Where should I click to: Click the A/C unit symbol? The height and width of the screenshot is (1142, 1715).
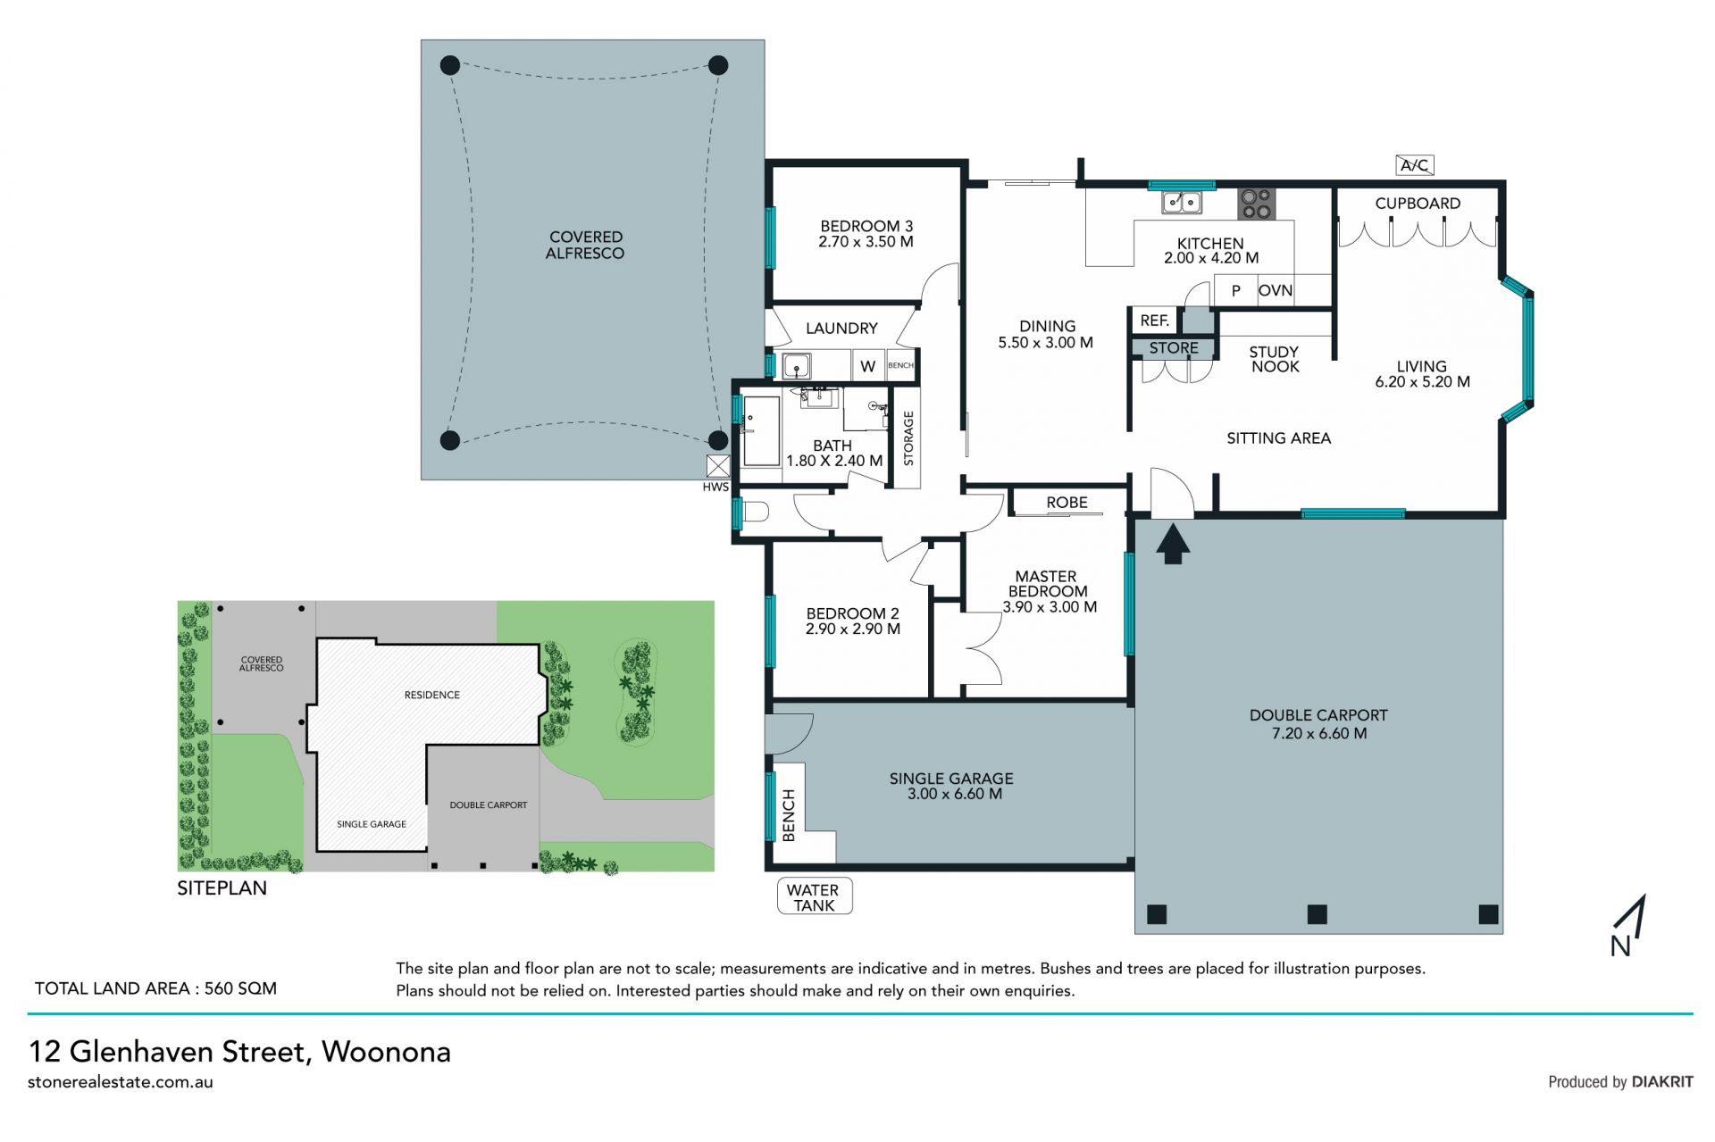click(1415, 165)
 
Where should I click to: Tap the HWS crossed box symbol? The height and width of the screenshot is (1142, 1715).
click(718, 466)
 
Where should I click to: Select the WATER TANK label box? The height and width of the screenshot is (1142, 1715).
click(814, 896)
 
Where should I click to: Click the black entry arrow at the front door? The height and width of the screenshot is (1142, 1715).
click(1173, 544)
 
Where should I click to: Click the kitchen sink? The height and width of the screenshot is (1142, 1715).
click(1181, 203)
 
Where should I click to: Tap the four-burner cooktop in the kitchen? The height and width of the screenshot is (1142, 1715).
click(1256, 204)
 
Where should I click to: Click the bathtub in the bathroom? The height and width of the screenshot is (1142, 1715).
click(761, 432)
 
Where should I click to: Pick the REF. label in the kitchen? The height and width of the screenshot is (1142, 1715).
click(1154, 321)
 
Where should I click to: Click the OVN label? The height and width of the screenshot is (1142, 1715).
click(1275, 290)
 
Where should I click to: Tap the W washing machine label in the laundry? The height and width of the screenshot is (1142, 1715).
click(867, 366)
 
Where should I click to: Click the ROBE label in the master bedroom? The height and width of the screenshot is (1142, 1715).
click(1067, 503)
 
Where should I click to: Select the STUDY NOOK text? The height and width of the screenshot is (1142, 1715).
click(1275, 359)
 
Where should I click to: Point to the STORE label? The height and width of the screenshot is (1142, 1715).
click(1174, 348)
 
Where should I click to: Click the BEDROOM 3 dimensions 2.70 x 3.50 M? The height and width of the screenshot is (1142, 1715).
click(866, 242)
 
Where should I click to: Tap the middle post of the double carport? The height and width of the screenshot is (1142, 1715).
click(1317, 913)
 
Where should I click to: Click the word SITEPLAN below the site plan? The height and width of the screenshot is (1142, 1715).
click(222, 888)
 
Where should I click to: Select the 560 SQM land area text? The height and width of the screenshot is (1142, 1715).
click(240, 988)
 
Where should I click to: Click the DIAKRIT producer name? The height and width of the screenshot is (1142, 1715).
click(1662, 1082)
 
